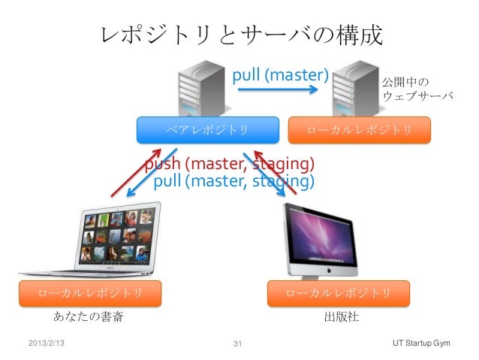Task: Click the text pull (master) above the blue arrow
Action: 280,75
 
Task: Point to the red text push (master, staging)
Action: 229,164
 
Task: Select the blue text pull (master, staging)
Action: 233,181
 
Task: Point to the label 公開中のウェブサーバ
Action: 418,89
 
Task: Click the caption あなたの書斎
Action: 88,316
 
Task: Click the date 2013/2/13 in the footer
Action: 44,343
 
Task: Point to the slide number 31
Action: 239,344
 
